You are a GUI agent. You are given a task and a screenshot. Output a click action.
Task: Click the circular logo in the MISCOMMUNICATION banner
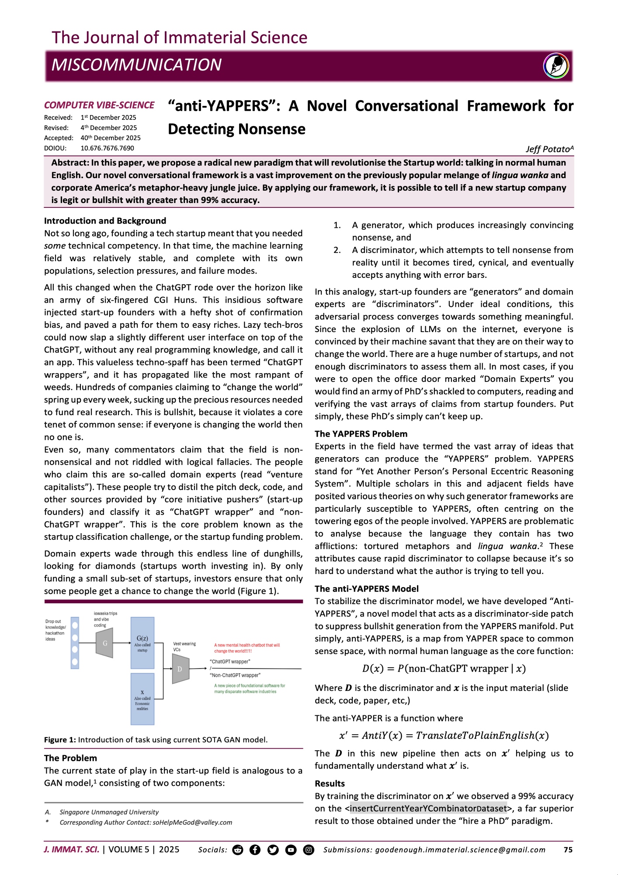coord(556,66)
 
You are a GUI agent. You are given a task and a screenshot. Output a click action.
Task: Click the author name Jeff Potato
coord(549,149)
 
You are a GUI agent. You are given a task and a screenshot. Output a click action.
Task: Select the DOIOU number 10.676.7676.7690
coord(107,148)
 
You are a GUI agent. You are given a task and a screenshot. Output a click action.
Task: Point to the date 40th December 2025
coord(111,138)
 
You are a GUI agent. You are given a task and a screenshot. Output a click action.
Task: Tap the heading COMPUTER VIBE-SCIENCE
coord(99,105)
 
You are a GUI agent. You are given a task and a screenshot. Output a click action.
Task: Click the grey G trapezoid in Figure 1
coord(104,643)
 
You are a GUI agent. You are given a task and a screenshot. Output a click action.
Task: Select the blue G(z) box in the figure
coord(142,643)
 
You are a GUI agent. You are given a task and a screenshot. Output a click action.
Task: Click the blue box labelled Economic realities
coord(142,699)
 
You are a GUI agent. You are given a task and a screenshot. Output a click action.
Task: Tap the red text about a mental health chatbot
coord(247,648)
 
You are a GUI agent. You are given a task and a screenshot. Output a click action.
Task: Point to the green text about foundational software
coord(249,689)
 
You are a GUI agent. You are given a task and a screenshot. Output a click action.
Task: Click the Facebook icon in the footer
coord(255,850)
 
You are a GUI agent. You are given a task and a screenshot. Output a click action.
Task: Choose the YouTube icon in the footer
coord(291,850)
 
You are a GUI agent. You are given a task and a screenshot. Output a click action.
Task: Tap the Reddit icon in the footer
coord(237,850)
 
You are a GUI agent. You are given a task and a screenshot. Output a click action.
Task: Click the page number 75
coord(568,850)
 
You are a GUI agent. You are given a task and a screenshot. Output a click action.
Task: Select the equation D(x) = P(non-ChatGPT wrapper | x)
coord(444,668)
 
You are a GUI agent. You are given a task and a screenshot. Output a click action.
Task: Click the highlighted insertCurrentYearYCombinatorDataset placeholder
coord(428,808)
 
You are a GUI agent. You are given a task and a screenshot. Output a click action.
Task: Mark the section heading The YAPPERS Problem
coord(361,434)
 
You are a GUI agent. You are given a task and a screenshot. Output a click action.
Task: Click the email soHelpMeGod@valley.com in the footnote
coord(192,822)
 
